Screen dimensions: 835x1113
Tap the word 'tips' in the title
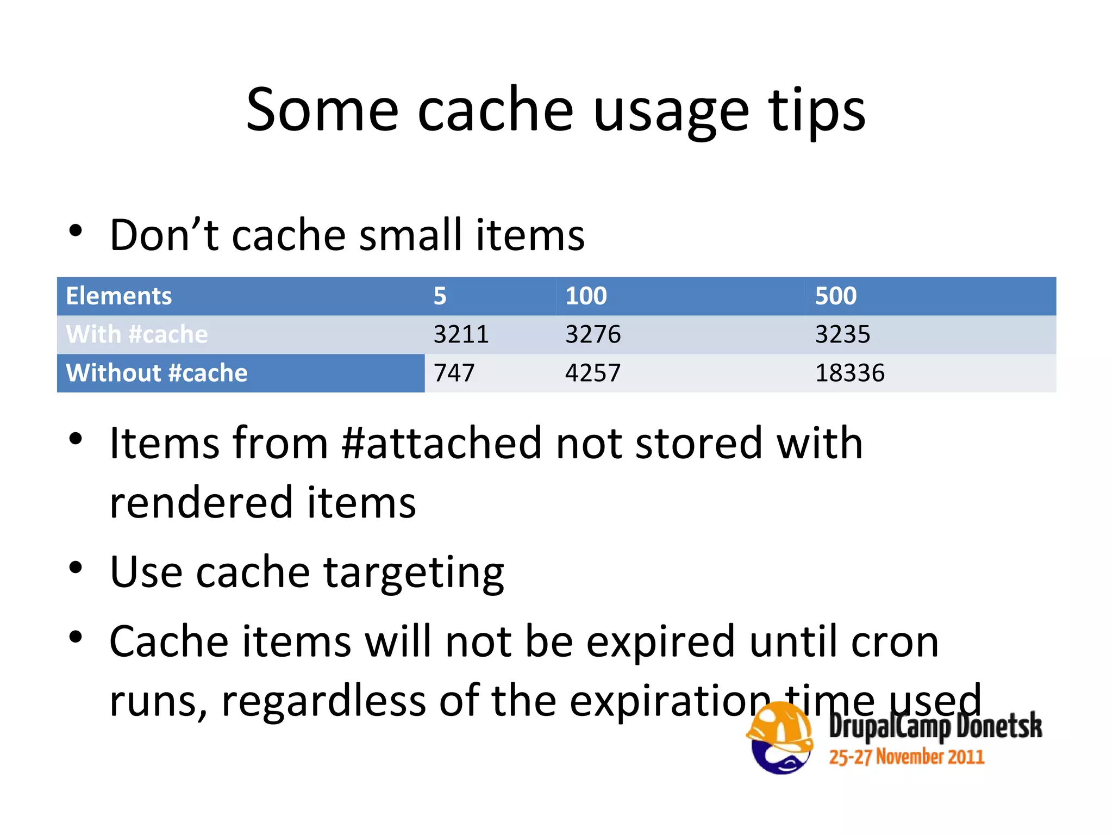click(x=817, y=111)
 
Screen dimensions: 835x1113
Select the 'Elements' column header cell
click(x=119, y=296)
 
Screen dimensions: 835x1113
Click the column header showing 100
click(x=586, y=296)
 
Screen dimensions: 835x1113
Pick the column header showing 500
click(x=836, y=296)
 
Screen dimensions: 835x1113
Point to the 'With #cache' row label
click(x=137, y=334)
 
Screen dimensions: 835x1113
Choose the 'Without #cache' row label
click(x=157, y=373)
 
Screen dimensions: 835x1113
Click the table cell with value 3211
click(x=461, y=334)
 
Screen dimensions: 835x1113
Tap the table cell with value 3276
click(x=593, y=334)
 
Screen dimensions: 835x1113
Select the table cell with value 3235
click(x=842, y=334)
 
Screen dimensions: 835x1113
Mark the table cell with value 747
click(x=454, y=373)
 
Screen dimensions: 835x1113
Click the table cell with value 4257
click(x=593, y=373)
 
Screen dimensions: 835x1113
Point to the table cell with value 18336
click(x=850, y=373)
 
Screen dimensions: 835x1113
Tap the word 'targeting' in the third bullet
click(x=414, y=573)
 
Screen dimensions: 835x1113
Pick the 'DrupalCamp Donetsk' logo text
click(x=935, y=726)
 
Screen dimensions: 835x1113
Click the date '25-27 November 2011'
click(x=906, y=757)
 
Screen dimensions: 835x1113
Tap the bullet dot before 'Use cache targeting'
click(x=76, y=568)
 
